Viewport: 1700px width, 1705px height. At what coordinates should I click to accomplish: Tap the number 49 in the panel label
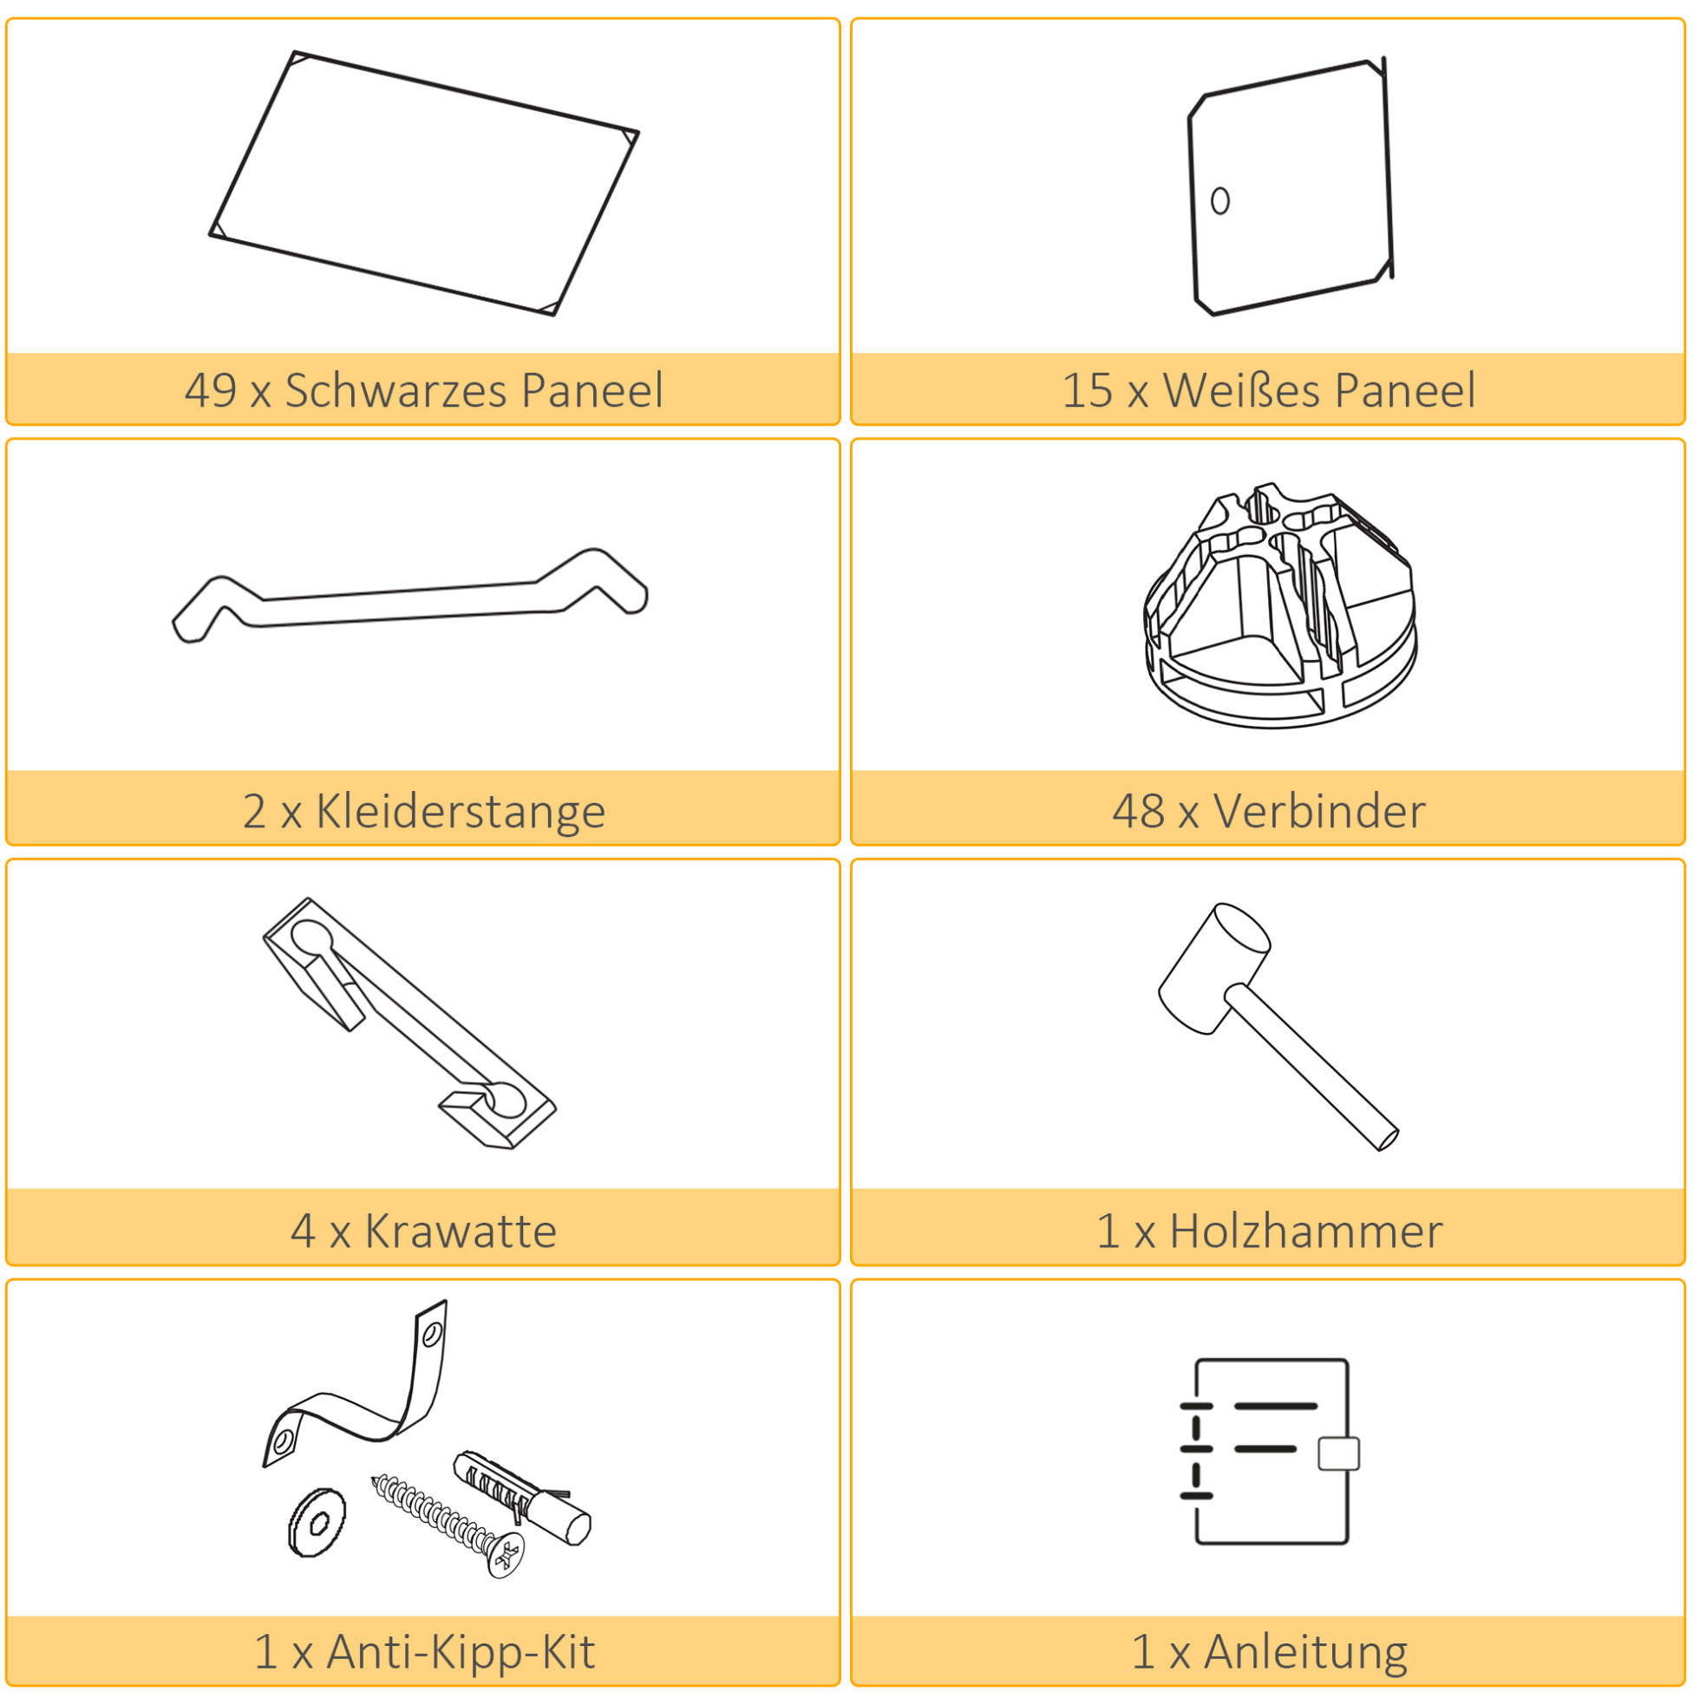coord(210,390)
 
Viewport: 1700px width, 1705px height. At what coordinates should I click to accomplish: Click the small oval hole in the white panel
coord(1219,201)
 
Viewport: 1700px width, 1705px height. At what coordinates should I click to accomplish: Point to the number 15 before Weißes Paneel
coord(1087,390)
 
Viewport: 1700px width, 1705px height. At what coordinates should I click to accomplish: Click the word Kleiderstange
coord(461,811)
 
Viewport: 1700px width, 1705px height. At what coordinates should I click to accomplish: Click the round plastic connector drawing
coord(1280,605)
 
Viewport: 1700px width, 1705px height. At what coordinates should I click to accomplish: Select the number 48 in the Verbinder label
coord(1137,811)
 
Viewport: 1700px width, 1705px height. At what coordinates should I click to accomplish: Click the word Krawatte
coord(461,1231)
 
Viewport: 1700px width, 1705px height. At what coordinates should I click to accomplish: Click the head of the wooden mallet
coord(1213,968)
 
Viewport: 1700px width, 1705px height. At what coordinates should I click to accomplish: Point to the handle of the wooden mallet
coord(1311,1067)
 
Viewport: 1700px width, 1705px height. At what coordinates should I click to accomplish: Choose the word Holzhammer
coord(1306,1231)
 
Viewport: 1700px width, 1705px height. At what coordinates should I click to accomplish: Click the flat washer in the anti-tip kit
coord(317,1523)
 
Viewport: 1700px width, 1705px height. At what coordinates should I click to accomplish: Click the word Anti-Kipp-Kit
coord(461,1652)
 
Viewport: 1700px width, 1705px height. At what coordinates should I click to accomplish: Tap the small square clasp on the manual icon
coord(1339,1453)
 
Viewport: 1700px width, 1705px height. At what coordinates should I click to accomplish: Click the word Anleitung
coord(1306,1652)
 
